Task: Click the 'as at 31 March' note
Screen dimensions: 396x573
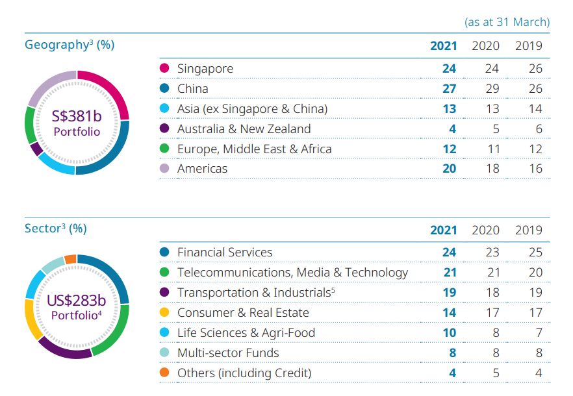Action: tap(507, 21)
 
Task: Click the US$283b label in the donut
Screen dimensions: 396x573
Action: tap(77, 301)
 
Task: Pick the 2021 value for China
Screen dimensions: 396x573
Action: tap(449, 88)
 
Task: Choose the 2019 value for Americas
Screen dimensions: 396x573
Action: tap(535, 169)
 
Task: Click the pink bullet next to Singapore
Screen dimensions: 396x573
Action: tap(164, 68)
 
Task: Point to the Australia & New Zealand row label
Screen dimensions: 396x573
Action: tap(244, 129)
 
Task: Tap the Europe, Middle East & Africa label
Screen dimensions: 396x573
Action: tap(254, 149)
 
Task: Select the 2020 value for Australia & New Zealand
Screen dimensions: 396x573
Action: tap(494, 129)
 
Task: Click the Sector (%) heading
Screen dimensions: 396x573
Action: tap(55, 229)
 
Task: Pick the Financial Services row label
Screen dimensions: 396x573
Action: tap(225, 252)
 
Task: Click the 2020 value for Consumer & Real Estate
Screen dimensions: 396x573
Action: tap(493, 313)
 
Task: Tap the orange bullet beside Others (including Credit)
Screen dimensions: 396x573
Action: tap(164, 373)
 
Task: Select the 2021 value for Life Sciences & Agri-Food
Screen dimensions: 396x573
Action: tap(449, 332)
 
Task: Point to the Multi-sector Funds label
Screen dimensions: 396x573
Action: tap(228, 353)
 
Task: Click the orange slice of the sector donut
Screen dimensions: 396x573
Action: tap(70, 260)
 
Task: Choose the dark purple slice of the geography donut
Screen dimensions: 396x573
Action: tap(36, 149)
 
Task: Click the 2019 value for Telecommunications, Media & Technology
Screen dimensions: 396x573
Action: tap(535, 272)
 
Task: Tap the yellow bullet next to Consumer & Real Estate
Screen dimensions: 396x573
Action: tap(164, 313)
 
